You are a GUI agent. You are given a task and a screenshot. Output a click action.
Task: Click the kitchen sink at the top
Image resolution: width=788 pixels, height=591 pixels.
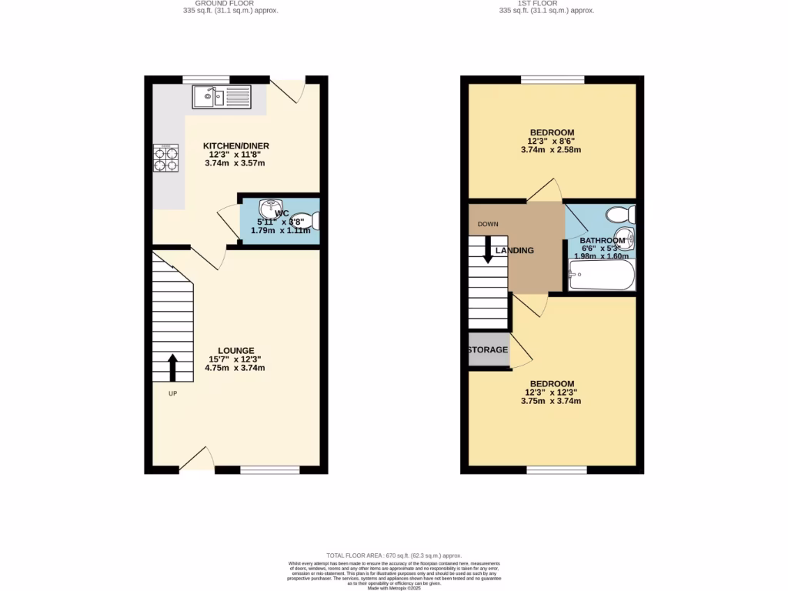(x=222, y=97)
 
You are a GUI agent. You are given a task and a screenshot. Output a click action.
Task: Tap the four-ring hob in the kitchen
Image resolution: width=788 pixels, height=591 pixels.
(x=165, y=158)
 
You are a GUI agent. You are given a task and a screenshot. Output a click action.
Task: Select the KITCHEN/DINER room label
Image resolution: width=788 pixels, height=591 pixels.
(x=235, y=145)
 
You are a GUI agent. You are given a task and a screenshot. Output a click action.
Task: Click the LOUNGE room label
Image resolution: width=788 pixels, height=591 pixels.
(x=235, y=350)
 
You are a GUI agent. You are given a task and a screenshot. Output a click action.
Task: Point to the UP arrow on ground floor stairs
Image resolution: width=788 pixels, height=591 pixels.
(x=172, y=367)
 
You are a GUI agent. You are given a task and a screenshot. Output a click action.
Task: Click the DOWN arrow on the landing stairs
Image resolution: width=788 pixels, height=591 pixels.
(x=488, y=251)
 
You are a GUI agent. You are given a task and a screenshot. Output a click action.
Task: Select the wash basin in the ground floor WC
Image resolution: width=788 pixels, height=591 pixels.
(x=269, y=209)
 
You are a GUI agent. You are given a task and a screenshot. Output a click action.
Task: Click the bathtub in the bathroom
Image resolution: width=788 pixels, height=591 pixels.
(x=601, y=275)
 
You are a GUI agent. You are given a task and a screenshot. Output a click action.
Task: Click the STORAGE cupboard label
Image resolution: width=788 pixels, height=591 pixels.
(x=489, y=350)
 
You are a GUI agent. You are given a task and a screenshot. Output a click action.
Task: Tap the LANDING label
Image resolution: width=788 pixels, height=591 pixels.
(x=515, y=251)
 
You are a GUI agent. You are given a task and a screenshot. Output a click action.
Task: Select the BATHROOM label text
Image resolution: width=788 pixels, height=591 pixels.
(x=603, y=240)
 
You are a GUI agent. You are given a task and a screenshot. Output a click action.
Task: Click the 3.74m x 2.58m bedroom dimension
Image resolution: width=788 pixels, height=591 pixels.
(x=554, y=150)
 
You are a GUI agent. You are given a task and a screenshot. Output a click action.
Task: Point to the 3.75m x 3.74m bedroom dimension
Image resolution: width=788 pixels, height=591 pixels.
(x=551, y=401)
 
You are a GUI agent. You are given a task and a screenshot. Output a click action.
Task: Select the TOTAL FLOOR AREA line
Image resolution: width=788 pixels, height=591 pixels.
(x=393, y=555)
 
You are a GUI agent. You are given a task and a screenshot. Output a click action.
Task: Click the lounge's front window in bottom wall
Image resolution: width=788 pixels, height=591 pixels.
(x=269, y=470)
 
